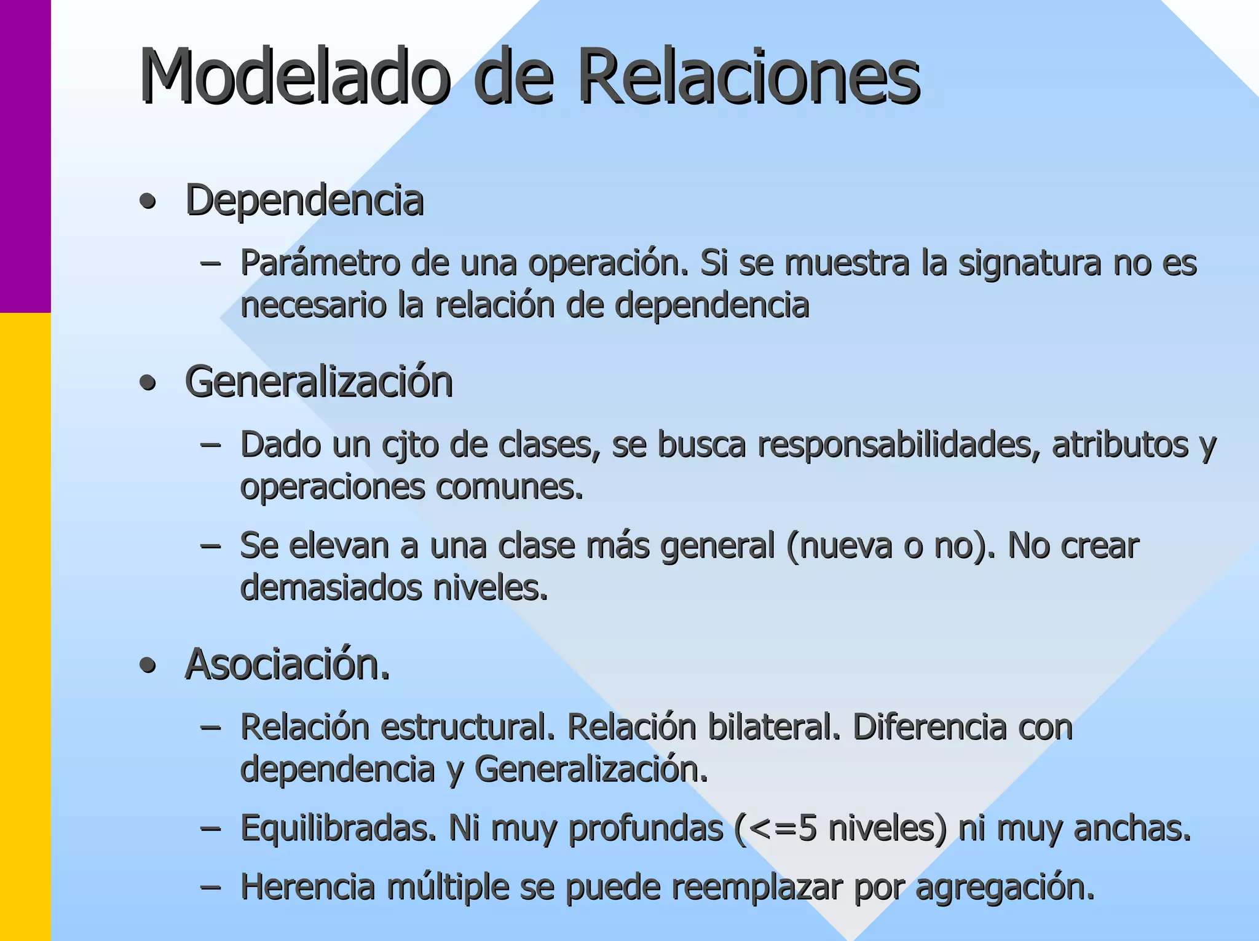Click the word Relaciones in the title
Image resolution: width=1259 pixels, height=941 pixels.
[749, 77]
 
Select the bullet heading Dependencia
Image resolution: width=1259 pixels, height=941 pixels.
[305, 200]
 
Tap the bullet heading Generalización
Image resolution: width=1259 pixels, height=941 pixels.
[319, 382]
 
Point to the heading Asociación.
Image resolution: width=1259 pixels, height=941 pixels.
[287, 664]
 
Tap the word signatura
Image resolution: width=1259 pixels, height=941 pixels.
[1030, 264]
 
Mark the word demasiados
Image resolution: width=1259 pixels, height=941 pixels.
[331, 588]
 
